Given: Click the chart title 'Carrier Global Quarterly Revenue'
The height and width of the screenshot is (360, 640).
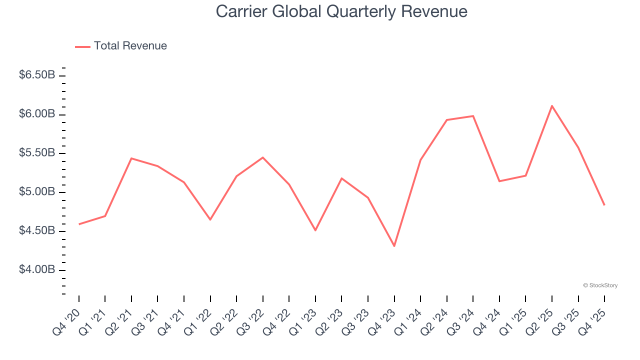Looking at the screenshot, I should click(341, 12).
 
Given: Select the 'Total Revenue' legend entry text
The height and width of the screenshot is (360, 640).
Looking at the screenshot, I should click(130, 46).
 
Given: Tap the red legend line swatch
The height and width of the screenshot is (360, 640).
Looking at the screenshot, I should click(82, 46).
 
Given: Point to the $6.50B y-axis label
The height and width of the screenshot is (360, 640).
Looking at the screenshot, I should click(37, 75).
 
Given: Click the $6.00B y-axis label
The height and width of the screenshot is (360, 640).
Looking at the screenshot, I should click(37, 114).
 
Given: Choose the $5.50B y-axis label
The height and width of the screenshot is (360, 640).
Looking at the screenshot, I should click(37, 153).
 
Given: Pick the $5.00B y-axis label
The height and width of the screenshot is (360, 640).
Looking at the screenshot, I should click(37, 192).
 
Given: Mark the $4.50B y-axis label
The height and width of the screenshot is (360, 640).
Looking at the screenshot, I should click(37, 231).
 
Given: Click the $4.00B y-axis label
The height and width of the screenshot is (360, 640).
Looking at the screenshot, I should click(37, 270).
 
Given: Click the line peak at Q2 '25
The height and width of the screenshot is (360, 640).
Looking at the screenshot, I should click(552, 106).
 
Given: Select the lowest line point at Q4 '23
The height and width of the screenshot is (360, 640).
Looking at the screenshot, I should click(394, 246).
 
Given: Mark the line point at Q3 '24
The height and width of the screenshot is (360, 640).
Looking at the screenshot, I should click(473, 116).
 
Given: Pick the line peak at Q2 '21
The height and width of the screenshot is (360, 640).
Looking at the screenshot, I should click(131, 158).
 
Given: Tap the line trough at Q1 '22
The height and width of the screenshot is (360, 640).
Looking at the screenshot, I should click(210, 219).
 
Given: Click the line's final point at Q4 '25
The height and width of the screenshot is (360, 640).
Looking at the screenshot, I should click(604, 205).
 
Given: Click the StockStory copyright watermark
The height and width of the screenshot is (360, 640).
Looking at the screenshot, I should click(600, 285).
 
